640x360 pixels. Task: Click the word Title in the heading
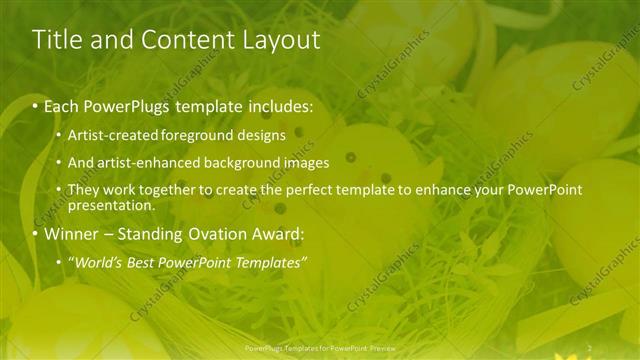pos(56,40)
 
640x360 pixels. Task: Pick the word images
pos(306,162)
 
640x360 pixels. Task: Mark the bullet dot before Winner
pos(36,235)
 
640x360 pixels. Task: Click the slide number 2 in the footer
pos(589,348)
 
